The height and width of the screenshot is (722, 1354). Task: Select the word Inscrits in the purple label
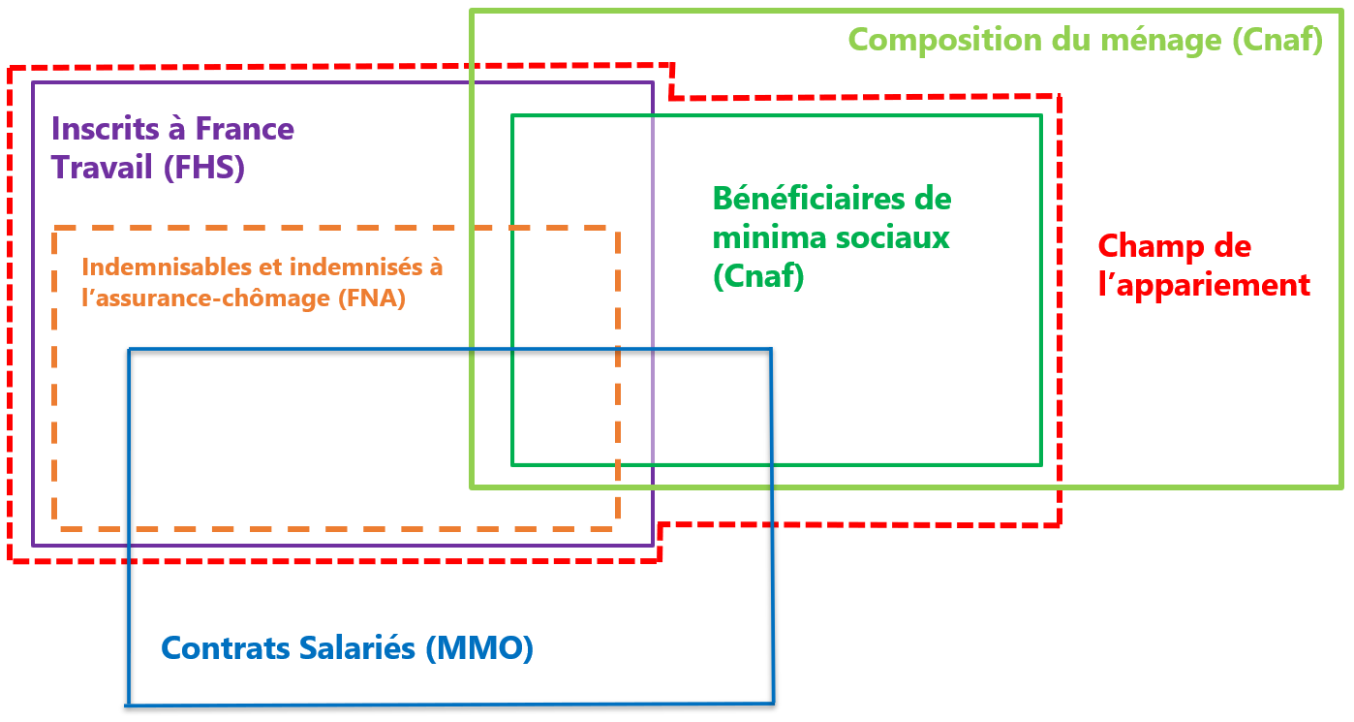[106, 128]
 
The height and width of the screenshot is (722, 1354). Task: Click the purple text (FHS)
[205, 167]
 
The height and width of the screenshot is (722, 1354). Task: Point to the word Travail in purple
[102, 167]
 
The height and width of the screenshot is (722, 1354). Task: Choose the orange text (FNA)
[372, 298]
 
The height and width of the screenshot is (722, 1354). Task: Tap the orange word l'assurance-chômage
[206, 298]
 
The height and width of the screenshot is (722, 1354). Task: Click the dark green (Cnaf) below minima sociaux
[758, 276]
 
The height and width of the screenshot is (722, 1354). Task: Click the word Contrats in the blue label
[226, 648]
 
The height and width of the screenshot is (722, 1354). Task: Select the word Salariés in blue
[357, 648]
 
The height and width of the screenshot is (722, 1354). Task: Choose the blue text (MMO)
[479, 648]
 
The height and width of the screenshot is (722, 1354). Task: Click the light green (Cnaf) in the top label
[1277, 41]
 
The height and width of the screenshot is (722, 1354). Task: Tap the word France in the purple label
[244, 128]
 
